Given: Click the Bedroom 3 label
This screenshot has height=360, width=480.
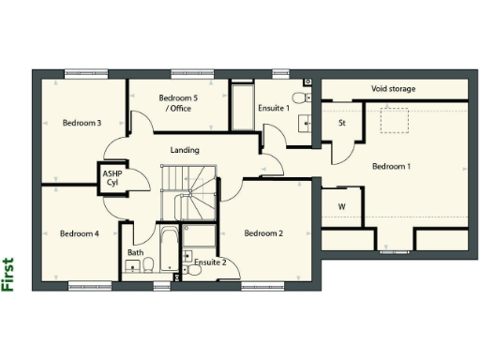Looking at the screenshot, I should pos(82,123).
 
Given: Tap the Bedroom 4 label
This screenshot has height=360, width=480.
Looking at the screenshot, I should pos(79,233).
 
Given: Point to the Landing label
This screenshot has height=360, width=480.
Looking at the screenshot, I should pos(184,150).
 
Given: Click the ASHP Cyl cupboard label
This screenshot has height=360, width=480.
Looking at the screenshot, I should pos(112,177).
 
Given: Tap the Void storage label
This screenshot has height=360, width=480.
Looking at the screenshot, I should pos(393,89).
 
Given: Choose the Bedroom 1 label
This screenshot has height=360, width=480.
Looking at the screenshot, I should pos(391,166).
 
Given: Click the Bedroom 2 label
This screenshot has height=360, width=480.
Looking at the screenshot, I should pos(263,233).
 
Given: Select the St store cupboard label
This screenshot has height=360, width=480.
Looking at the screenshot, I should pos(342,123).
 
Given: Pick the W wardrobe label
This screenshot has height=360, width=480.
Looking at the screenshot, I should pos(341,206).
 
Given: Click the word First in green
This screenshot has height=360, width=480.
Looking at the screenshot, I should pos(8,275).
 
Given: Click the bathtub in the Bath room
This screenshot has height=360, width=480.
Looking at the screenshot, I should pos(169,248).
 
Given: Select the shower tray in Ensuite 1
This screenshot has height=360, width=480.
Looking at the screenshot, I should pos(242,108).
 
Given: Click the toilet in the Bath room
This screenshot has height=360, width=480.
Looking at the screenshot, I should pos(134,267).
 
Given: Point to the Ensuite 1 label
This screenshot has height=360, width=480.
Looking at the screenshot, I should pos(273,109).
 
